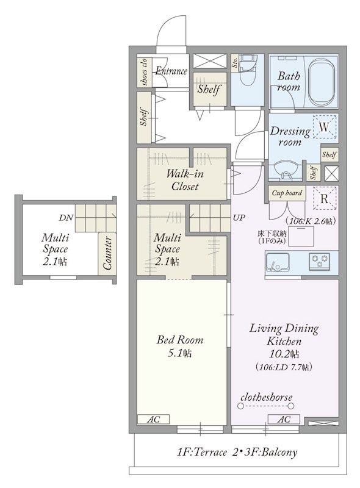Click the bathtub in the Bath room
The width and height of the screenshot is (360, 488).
pyautogui.click(x=322, y=82)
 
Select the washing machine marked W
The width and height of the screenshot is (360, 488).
pyautogui.click(x=325, y=127)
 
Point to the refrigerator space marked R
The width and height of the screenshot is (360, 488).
pyautogui.click(x=325, y=199)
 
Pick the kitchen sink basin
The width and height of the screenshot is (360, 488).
pyautogui.click(x=278, y=262)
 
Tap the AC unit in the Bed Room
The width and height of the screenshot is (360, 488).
pyautogui.click(x=153, y=419)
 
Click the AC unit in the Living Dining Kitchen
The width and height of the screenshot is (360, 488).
pyautogui.click(x=284, y=419)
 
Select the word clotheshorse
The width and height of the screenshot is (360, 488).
pyautogui.click(x=267, y=397)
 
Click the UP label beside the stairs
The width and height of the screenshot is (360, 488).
pyautogui.click(x=239, y=218)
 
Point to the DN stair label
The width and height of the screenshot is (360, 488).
pyautogui.click(x=66, y=218)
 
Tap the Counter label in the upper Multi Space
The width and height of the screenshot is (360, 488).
pyautogui.click(x=107, y=253)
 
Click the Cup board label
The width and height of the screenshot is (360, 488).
pyautogui.click(x=287, y=193)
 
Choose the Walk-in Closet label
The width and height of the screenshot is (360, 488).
pyautogui.click(x=185, y=179)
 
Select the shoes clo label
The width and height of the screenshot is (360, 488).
pyautogui.click(x=144, y=72)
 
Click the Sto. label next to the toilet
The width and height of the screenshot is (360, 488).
pyautogui.click(x=235, y=63)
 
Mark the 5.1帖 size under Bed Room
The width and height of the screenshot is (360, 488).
pyautogui.click(x=179, y=353)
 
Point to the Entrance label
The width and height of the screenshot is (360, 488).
pyautogui.click(x=171, y=71)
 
